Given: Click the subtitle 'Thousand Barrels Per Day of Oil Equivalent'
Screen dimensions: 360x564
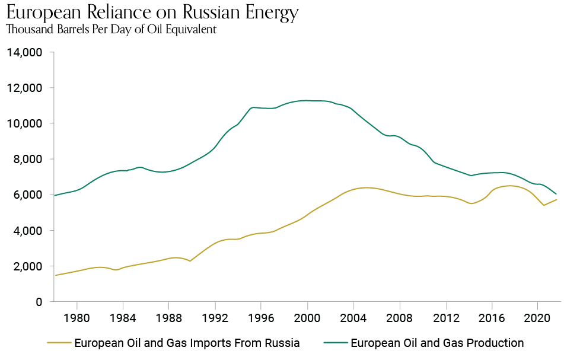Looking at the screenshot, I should tap(111, 30).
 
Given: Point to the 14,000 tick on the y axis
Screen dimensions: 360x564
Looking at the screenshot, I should tap(24, 53).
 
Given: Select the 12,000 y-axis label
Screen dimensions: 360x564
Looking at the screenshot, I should tap(24, 88).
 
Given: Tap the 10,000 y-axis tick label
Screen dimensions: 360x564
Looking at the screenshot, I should tap(24, 124).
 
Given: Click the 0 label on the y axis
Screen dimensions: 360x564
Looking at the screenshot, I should tap(39, 302).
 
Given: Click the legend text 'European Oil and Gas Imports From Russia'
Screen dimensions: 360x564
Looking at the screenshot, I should tap(187, 343).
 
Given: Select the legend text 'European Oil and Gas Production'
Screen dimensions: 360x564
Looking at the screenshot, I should tap(437, 343).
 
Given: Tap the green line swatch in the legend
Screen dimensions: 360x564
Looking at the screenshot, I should tap(335, 343).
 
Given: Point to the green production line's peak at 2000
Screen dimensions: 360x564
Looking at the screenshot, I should tap(307, 100).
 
